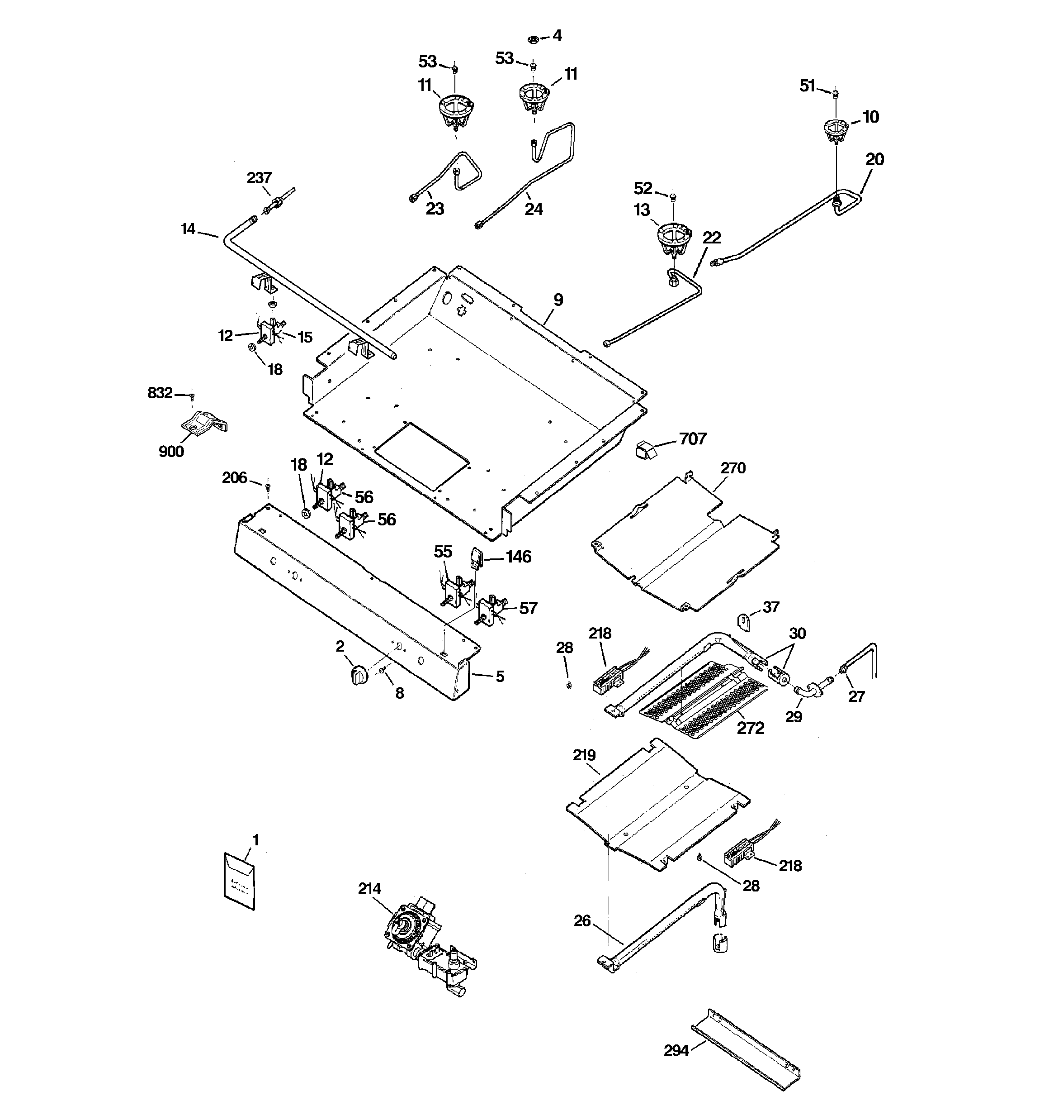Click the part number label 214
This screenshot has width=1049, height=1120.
(369, 888)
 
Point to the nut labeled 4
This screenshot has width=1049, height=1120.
(532, 39)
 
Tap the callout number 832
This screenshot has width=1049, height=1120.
(160, 393)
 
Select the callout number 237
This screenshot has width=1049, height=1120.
(259, 178)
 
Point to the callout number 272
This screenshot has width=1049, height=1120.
(751, 729)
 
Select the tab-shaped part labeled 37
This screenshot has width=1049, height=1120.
(744, 623)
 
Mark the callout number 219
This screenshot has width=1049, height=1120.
(584, 755)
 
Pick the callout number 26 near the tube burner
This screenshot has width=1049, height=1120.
(582, 920)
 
